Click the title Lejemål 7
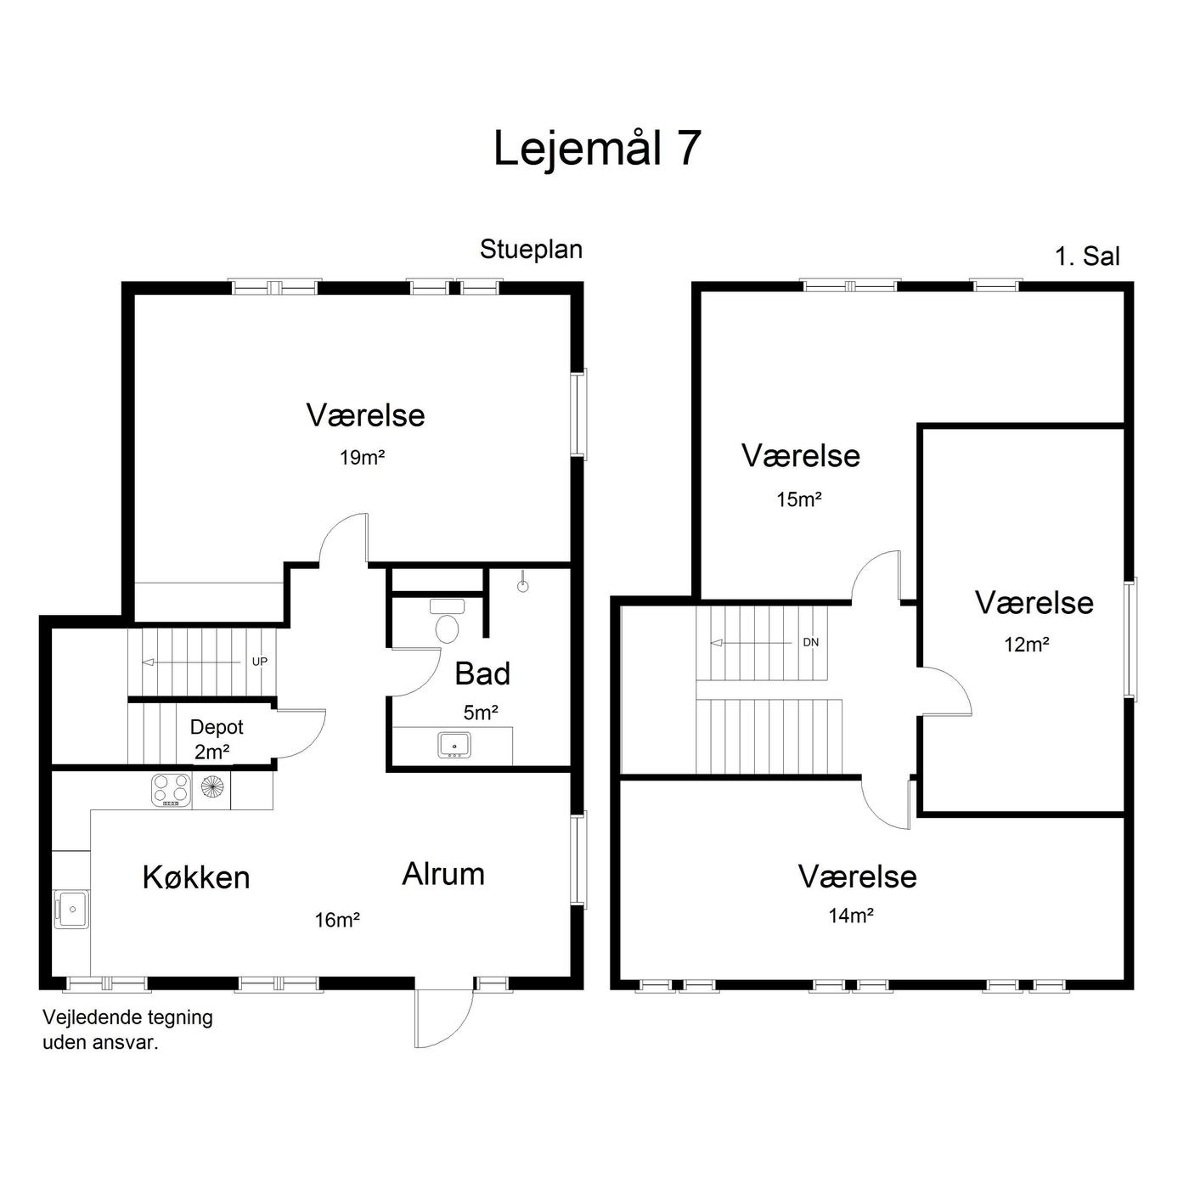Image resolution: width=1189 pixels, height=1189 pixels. pos(597,149)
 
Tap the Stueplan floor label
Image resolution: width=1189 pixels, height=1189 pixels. pos(532,250)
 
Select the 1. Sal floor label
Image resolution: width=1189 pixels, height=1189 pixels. pos(1087,256)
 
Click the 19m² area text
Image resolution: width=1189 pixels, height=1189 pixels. pos(362,458)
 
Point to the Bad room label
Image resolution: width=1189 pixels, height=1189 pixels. pos(482,673)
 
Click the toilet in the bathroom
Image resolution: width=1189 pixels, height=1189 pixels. pos(447,621)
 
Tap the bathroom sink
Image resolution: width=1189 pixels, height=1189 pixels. pos(454,745)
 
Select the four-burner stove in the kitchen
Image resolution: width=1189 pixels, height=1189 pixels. pos(171,791)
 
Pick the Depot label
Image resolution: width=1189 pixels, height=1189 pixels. pos(217,728)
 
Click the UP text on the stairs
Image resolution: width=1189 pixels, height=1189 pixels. pos(260,662)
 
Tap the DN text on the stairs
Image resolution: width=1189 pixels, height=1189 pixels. pos(811,642)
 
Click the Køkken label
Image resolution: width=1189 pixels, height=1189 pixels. pos(196,877)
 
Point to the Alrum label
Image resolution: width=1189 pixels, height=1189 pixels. pos(443,874)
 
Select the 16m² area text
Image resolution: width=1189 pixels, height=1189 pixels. pos(337,921)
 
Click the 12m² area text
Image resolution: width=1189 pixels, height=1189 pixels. pos(1027,645)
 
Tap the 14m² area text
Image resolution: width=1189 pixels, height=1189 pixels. pos(851,916)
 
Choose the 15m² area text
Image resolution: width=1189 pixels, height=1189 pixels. pos(799,499)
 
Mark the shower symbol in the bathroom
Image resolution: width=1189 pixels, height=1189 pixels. pos(522,583)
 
